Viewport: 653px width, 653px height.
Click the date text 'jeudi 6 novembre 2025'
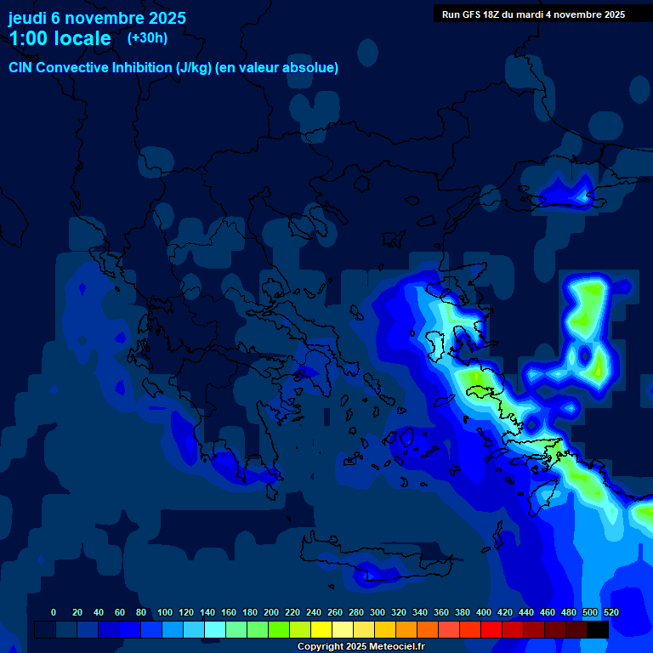click(x=97, y=18)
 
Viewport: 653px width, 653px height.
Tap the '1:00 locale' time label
click(x=60, y=38)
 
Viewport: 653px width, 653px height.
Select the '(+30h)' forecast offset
click(x=147, y=38)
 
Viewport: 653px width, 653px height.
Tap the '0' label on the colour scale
click(x=54, y=612)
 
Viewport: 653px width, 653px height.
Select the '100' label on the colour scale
click(x=165, y=612)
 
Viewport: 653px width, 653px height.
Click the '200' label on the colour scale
click(x=271, y=612)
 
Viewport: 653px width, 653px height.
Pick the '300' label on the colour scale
click(x=378, y=612)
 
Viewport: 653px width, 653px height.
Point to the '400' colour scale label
click(x=484, y=612)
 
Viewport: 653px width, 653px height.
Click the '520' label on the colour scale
click(x=610, y=612)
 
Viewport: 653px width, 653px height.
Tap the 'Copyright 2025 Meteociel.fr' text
click(x=361, y=647)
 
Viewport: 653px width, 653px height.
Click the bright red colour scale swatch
click(x=491, y=629)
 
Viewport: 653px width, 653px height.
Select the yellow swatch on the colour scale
click(x=321, y=629)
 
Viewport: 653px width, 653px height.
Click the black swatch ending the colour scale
click(x=598, y=629)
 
